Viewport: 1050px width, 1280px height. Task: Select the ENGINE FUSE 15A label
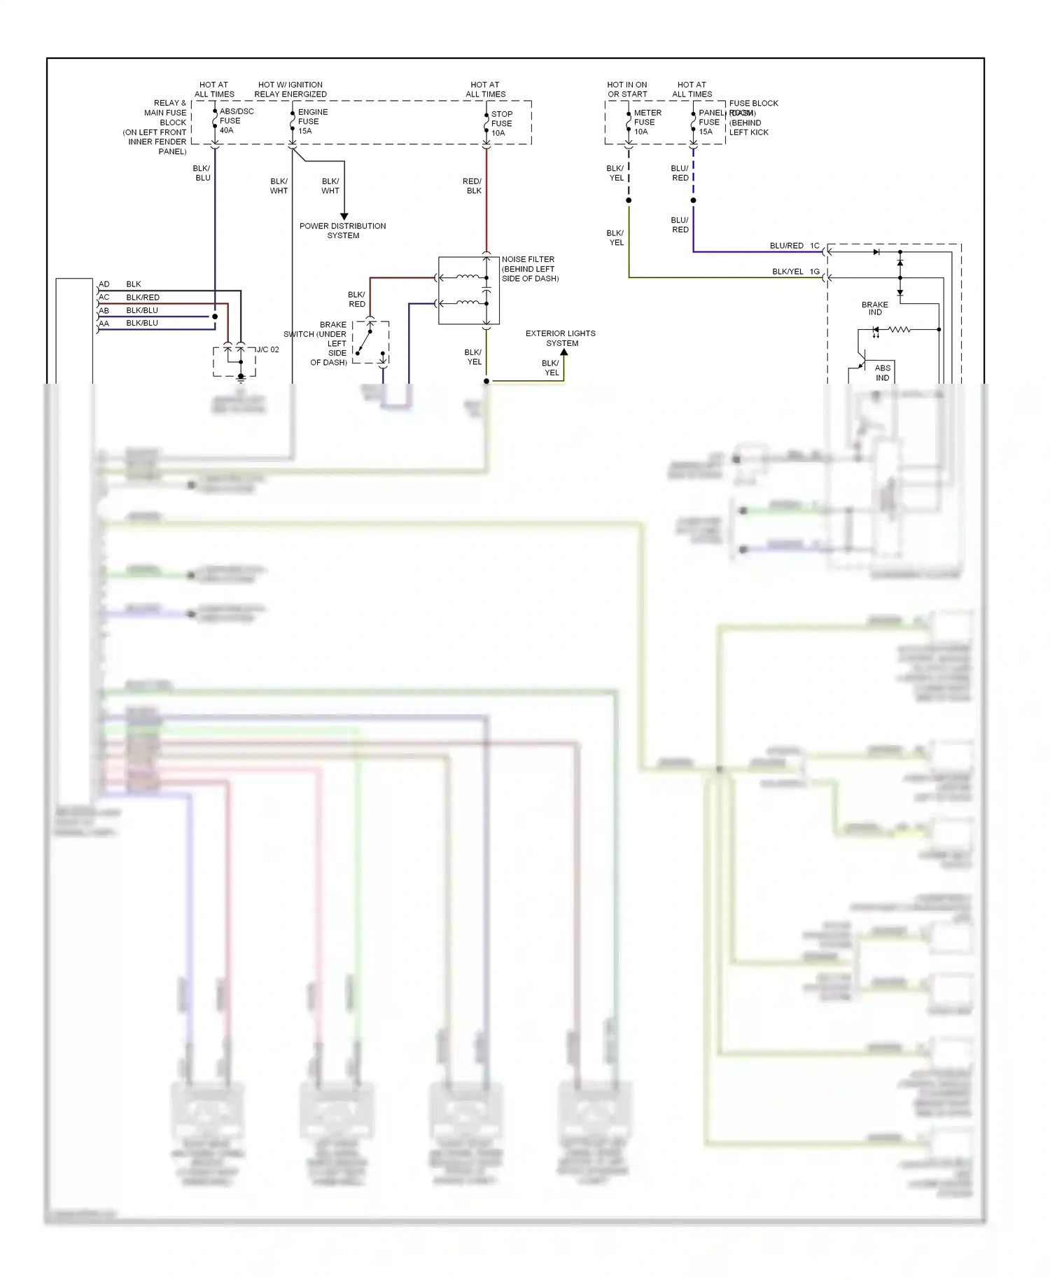(312, 121)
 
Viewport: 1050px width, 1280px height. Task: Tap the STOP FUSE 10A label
(501, 123)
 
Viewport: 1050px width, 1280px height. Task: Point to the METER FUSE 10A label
(647, 122)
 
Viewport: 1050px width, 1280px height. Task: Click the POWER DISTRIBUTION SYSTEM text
(342, 230)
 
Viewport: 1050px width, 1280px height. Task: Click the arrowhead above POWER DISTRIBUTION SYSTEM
(344, 216)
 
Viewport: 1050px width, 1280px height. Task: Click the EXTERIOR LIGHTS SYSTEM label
(561, 338)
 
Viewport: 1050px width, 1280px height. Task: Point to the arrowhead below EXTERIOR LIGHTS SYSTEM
(563, 352)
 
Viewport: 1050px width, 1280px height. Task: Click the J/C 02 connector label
(267, 349)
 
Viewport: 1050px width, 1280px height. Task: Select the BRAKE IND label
(874, 308)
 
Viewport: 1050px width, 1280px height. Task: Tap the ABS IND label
(882, 373)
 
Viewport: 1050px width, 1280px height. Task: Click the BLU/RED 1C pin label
(794, 246)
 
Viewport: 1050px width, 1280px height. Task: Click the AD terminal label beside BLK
(104, 284)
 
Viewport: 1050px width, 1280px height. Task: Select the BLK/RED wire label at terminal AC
(143, 298)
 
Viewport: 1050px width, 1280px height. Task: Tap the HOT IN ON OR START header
(627, 89)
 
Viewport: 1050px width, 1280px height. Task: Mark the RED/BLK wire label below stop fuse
(472, 186)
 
